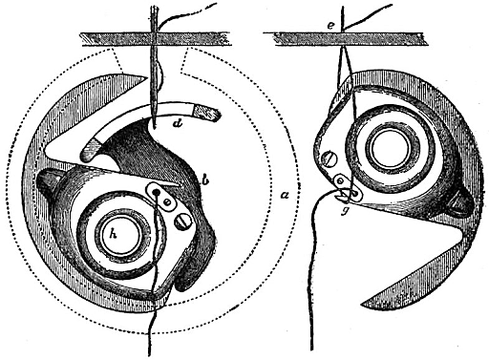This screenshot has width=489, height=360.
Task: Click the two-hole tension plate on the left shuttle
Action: tap(161, 196)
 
